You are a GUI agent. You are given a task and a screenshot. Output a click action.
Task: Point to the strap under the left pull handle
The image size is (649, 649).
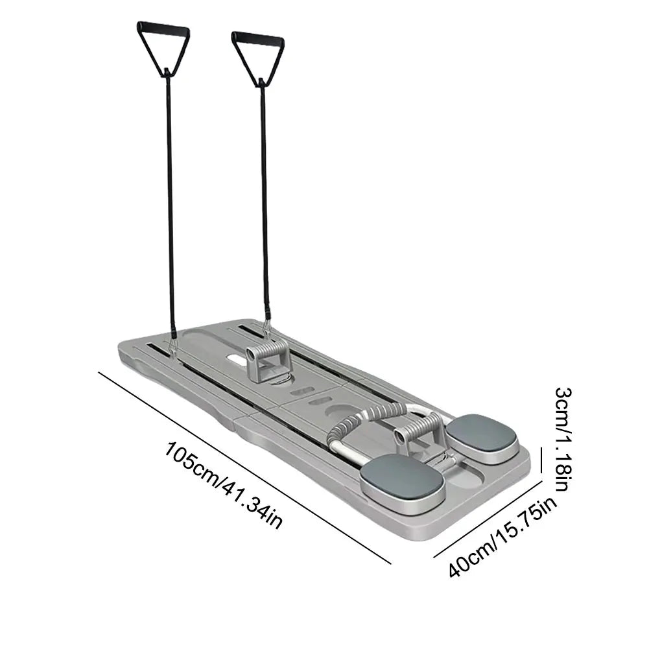pos(170,195)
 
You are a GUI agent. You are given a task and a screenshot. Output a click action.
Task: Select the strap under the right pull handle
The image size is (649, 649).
pos(265,195)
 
